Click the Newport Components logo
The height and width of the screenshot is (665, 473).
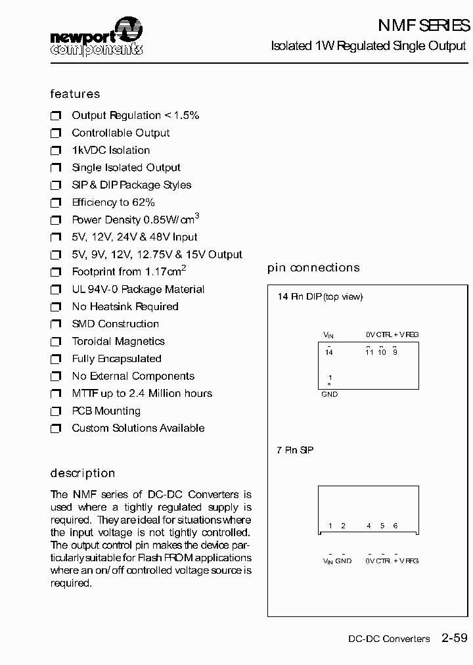pyautogui.click(x=96, y=37)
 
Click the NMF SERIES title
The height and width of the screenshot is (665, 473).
pyautogui.click(x=424, y=26)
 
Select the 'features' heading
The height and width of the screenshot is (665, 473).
pyautogui.click(x=75, y=94)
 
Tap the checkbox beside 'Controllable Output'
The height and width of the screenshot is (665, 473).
pyautogui.click(x=56, y=133)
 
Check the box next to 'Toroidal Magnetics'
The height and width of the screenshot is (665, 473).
pyautogui.click(x=56, y=342)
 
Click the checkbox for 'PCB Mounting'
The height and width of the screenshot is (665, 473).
pyautogui.click(x=56, y=411)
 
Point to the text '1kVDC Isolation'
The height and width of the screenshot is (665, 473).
pyautogui.click(x=110, y=150)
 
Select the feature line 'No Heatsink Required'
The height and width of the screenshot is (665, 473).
pyautogui.click(x=125, y=306)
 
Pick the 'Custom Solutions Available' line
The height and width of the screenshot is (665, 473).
pyautogui.click(x=138, y=428)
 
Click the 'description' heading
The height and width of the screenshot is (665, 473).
pyautogui.click(x=83, y=473)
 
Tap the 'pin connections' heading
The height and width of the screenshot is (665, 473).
pyautogui.click(x=313, y=267)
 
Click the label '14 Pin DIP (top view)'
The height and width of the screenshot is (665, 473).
pyautogui.click(x=320, y=297)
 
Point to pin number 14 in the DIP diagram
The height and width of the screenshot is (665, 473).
pyautogui.click(x=329, y=353)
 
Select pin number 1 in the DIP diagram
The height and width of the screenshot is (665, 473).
pyautogui.click(x=330, y=378)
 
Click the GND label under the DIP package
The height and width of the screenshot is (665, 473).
pyautogui.click(x=329, y=394)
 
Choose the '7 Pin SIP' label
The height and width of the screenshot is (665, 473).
pyautogui.click(x=295, y=450)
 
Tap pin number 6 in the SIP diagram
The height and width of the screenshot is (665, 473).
pyautogui.click(x=395, y=526)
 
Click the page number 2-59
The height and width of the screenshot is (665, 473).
pyautogui.click(x=455, y=637)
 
